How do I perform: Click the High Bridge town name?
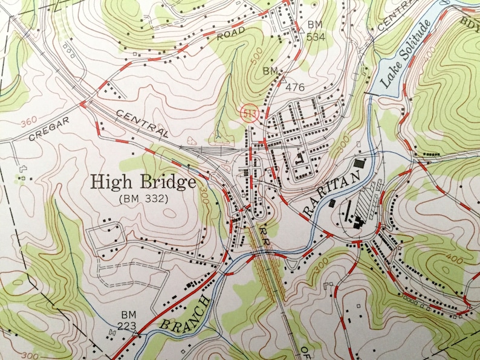pos(143,181)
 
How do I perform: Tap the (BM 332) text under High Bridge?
pos(143,198)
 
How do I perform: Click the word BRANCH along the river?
pos(184,315)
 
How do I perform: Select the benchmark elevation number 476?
pos(294,88)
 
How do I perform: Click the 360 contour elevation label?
pos(28,124)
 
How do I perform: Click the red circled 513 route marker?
pos(248,112)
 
